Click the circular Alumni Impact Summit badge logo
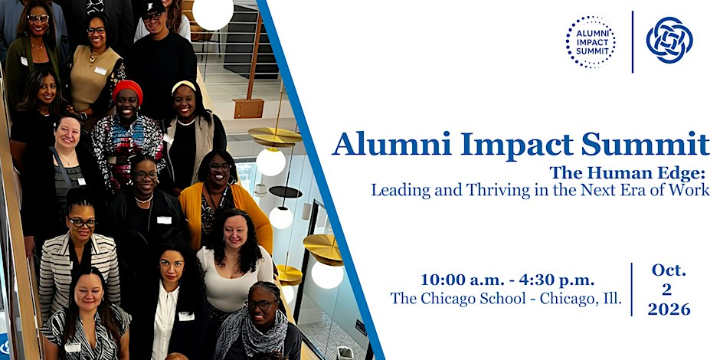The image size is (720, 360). (591, 42)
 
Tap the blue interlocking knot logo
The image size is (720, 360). (669, 40)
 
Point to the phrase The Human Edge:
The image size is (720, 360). (628, 172)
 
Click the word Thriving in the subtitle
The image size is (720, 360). (493, 190)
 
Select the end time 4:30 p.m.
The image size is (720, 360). (557, 280)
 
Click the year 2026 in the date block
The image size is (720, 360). (669, 309)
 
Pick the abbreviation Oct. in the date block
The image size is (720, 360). (669, 270)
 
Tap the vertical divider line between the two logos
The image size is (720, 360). (632, 42)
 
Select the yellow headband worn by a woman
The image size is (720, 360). (183, 86)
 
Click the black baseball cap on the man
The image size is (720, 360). (153, 8)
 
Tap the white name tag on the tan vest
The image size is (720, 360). (100, 70)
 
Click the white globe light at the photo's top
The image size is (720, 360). (213, 13)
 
